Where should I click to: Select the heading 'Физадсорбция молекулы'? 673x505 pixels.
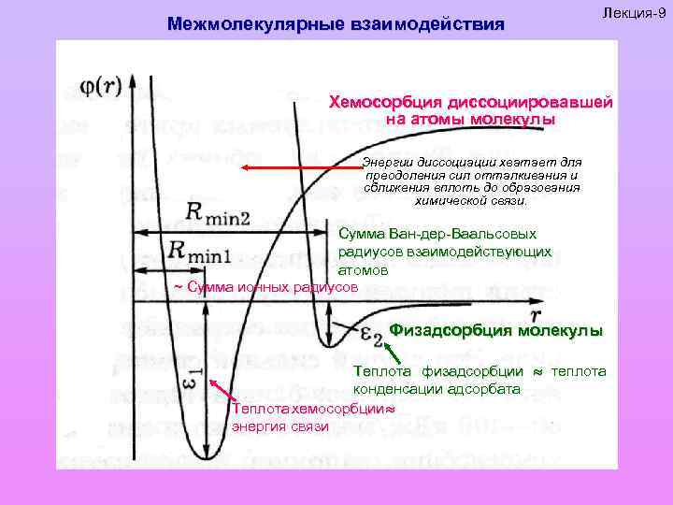pos(496,330)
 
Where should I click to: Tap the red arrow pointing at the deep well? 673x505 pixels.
pos(219,390)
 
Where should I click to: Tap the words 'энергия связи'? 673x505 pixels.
pos(279,426)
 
